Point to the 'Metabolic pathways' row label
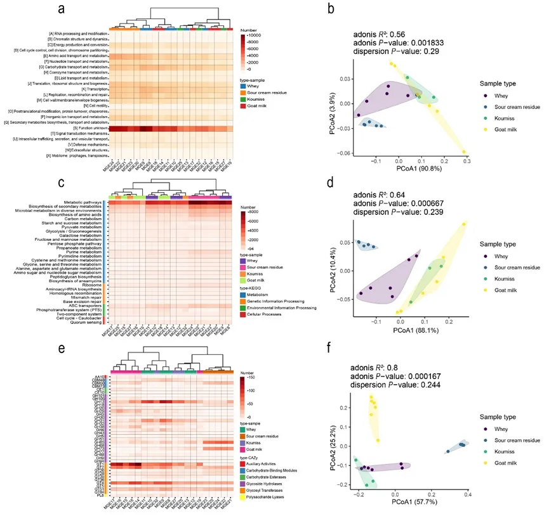83,202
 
